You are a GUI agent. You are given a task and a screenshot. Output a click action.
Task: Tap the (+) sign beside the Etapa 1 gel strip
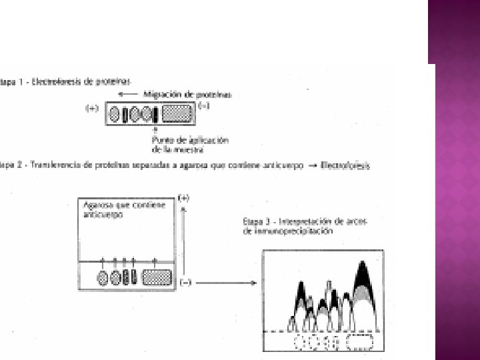pyautogui.click(x=93, y=108)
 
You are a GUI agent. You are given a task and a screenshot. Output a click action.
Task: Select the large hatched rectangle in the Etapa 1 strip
pyautogui.click(x=177, y=114)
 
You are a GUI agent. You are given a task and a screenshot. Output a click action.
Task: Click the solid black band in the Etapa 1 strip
pyautogui.click(x=155, y=115)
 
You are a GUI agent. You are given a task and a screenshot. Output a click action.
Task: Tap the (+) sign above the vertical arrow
pyautogui.click(x=185, y=198)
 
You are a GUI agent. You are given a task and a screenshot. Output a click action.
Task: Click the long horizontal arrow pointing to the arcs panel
pyautogui.click(x=227, y=283)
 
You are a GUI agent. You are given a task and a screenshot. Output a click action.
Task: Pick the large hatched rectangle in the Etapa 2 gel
pyautogui.click(x=158, y=278)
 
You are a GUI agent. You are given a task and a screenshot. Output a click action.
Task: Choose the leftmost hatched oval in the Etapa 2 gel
pyautogui.click(x=103, y=278)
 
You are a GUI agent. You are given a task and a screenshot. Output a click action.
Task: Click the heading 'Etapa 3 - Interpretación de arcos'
pyautogui.click(x=305, y=221)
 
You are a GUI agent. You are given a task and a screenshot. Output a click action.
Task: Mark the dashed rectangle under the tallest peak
pyautogui.click(x=361, y=341)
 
